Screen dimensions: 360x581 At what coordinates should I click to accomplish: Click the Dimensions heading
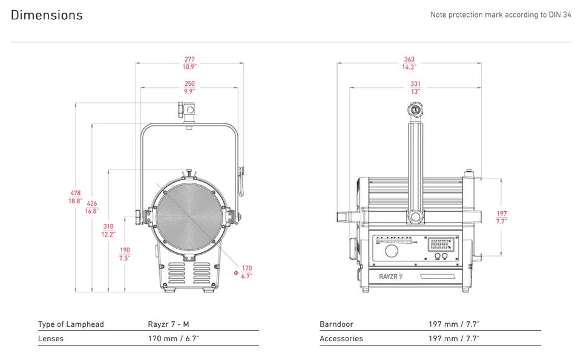tap(47, 15)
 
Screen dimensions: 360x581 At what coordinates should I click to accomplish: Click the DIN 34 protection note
tap(501, 15)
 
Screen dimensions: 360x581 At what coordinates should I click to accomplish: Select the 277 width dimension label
tap(189, 64)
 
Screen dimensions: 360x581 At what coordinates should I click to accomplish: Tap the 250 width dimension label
tap(189, 88)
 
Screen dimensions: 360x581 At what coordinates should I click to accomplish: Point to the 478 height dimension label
tap(75, 197)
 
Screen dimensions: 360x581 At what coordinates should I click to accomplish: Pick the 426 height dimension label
tap(92, 208)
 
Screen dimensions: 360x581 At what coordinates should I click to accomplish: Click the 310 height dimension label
tap(108, 230)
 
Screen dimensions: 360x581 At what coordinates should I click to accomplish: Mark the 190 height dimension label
tap(125, 254)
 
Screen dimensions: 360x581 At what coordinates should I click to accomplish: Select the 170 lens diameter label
tap(246, 272)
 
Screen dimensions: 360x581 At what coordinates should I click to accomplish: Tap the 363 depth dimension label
tap(409, 64)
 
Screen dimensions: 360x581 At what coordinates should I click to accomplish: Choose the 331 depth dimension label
tap(415, 88)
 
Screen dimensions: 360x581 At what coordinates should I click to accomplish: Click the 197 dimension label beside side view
tap(502, 217)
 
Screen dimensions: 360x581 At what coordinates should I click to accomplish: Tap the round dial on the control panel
tap(392, 251)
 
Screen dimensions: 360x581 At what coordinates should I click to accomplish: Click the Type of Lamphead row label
tap(71, 324)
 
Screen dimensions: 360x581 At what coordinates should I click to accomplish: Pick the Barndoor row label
tap(336, 324)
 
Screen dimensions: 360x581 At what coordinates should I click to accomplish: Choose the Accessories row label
tap(341, 339)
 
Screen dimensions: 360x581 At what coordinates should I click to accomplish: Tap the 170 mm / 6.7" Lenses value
tap(174, 339)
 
